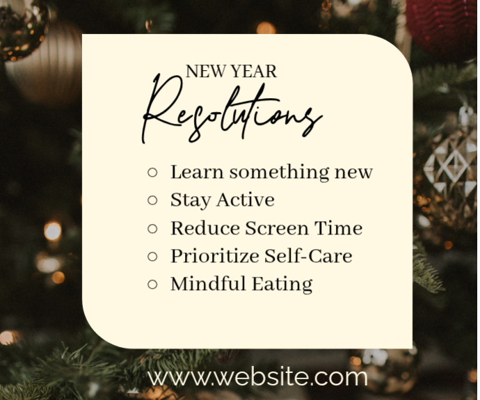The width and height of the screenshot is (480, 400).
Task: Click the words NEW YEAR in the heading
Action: click(231, 71)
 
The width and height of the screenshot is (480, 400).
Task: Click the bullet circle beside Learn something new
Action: click(153, 172)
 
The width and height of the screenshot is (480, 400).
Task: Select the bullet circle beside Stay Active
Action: click(153, 200)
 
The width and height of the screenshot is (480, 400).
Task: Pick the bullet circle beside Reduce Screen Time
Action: click(153, 228)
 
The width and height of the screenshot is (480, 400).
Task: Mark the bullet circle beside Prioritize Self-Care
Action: click(153, 256)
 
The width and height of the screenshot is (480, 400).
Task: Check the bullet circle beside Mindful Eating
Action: click(153, 284)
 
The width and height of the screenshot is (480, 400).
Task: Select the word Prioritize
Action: click(215, 257)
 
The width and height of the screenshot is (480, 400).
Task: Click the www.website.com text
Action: click(258, 377)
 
